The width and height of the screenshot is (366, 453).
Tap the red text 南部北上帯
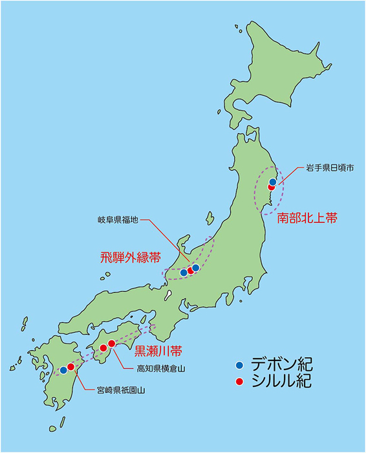(x=307, y=219)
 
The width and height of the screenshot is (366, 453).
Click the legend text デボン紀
(x=280, y=365)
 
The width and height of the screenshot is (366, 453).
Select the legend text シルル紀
(x=280, y=382)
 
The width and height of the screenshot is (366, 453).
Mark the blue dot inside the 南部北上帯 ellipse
(x=272, y=182)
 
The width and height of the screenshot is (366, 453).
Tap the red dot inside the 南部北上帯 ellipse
(x=272, y=188)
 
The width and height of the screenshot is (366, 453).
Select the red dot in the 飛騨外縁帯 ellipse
(x=190, y=271)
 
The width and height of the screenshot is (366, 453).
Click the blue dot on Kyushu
(x=63, y=370)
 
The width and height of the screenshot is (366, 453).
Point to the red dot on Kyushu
(x=70, y=367)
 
